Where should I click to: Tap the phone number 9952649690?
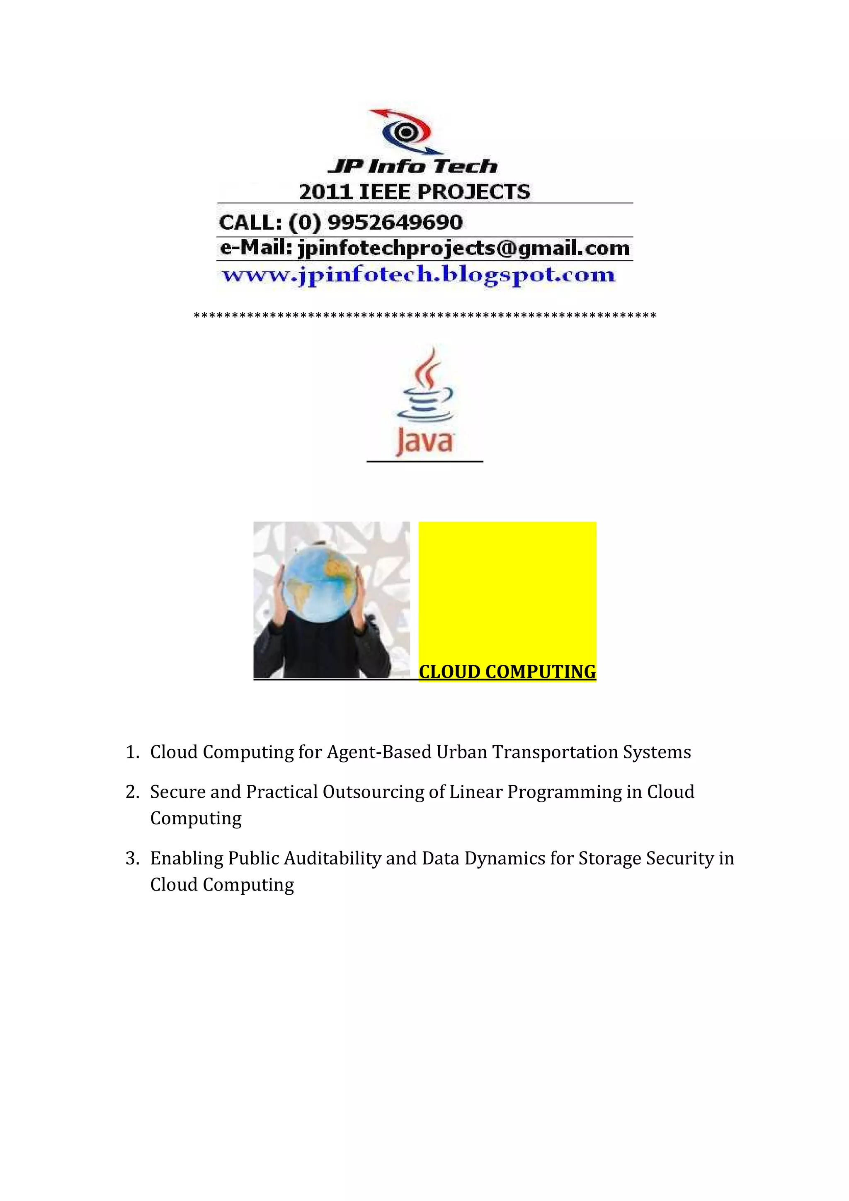pos(395,222)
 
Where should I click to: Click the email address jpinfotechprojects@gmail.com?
pos(463,248)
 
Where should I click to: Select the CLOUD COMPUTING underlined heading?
pos(507,672)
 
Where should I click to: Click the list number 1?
pos(132,752)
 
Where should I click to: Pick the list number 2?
pos(132,792)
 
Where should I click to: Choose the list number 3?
pos(132,858)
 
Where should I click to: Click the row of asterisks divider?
pos(425,315)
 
